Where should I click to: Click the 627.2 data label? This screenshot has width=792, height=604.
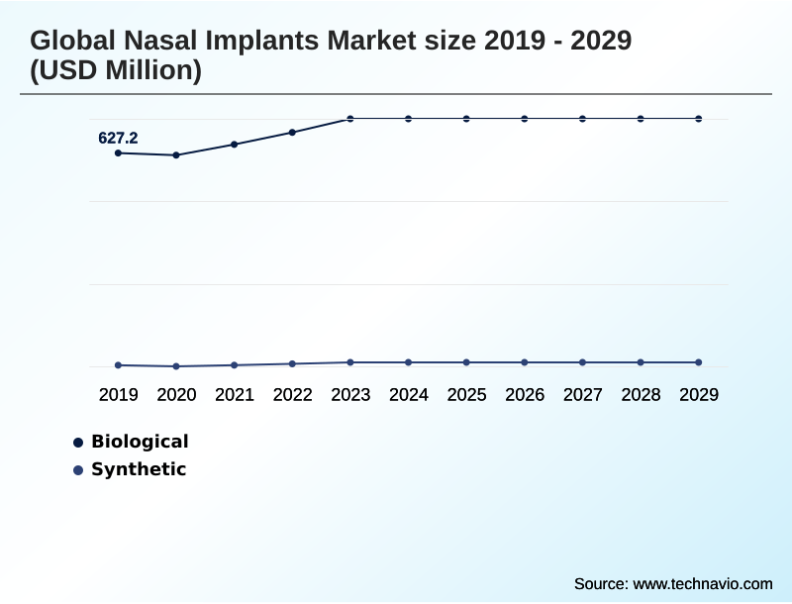[118, 139]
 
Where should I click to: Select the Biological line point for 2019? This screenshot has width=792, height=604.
[118, 152]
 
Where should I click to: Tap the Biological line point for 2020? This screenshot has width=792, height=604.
[176, 155]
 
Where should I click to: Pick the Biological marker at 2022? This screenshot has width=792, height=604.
[292, 132]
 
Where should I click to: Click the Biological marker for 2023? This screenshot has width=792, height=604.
[350, 119]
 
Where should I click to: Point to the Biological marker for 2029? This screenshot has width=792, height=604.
[699, 119]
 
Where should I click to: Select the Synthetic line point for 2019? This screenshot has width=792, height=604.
[118, 365]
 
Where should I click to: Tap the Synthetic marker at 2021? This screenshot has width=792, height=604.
[235, 365]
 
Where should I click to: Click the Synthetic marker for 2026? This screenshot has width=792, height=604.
[525, 362]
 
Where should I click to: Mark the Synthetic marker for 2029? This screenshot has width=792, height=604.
[699, 362]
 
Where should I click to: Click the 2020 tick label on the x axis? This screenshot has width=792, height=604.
[176, 395]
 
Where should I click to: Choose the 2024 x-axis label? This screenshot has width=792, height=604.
[409, 395]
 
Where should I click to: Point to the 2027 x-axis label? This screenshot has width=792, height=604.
[583, 395]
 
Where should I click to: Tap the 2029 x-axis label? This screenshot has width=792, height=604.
[699, 395]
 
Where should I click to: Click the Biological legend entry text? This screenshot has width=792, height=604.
[140, 442]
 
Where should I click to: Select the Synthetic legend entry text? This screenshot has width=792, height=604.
[139, 469]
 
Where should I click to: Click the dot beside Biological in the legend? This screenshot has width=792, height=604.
[78, 443]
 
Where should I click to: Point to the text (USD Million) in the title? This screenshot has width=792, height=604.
[116, 71]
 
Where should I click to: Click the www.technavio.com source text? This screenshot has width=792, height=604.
[703, 583]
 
